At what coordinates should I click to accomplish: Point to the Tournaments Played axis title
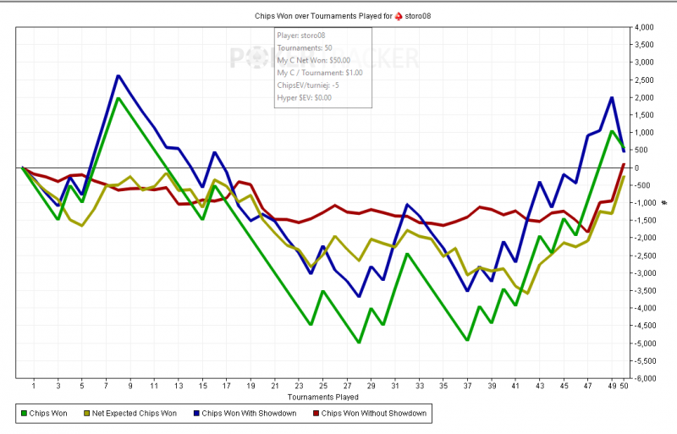(322, 396)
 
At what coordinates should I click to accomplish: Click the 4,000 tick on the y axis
(646, 28)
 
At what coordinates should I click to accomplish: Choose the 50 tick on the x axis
(624, 386)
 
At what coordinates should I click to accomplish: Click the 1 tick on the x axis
(34, 386)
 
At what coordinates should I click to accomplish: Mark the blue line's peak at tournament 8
(118, 76)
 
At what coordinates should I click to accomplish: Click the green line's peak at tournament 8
(118, 98)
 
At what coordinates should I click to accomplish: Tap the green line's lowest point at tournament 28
(359, 343)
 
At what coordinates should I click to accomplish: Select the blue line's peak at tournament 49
(611, 97)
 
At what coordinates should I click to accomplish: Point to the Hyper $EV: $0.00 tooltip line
(305, 98)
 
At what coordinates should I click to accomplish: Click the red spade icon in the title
(399, 16)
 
